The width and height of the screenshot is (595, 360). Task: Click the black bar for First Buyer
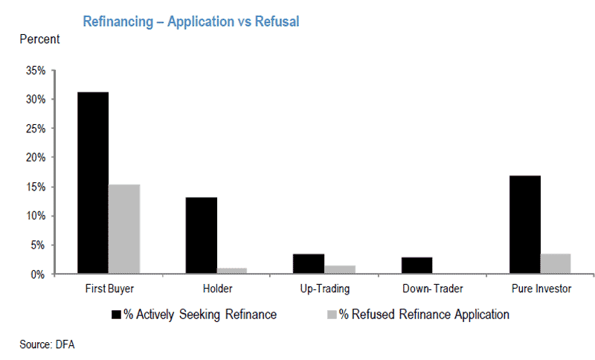coord(93,182)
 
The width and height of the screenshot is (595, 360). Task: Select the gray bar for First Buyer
coord(124,229)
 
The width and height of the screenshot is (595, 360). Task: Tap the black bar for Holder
coord(202,235)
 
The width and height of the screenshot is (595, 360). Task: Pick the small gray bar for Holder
coord(232,271)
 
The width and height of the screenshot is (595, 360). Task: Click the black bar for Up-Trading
coord(309,263)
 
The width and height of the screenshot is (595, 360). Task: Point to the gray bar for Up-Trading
coord(340,269)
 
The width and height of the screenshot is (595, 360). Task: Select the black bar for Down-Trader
coord(416,265)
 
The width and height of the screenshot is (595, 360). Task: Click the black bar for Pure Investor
coord(525,225)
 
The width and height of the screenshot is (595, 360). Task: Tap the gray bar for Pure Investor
coord(556,263)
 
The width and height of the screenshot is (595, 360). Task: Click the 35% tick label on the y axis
coord(36,71)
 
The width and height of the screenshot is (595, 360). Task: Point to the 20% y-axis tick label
coord(36,158)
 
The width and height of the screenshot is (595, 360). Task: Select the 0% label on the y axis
coord(38,274)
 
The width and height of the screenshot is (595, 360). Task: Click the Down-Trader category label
coord(433,289)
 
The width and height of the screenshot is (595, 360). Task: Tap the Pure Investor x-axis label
coord(541,289)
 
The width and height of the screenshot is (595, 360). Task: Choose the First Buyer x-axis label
coord(109,289)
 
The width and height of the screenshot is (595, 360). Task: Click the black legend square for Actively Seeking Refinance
coord(116,315)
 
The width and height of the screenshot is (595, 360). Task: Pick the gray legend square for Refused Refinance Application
coord(332,315)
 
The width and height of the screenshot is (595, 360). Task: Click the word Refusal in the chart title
coord(277,22)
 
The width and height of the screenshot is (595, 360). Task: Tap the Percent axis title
coord(40,39)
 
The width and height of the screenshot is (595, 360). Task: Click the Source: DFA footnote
coord(47,344)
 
